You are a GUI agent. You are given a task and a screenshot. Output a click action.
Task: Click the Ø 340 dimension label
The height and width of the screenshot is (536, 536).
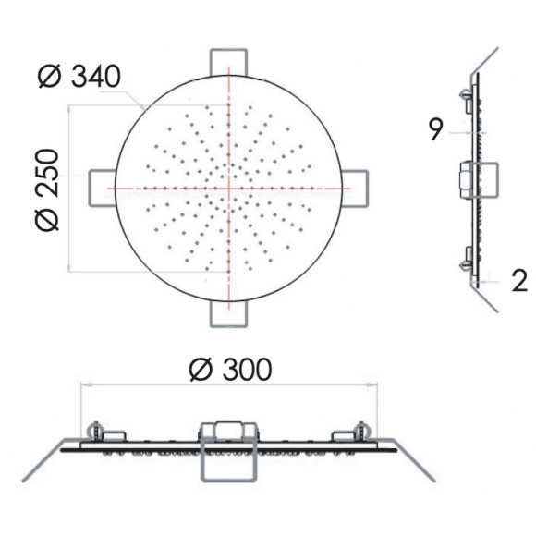point(79,76)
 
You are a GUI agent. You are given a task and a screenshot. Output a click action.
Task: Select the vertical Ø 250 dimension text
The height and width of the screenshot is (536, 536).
point(47,190)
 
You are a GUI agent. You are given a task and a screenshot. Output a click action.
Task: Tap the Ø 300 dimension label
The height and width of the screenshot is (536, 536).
point(231,370)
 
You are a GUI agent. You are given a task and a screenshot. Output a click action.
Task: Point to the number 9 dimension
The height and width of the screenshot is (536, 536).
point(435,129)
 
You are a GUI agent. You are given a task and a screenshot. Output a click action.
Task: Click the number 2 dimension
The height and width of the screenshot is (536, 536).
point(519,280)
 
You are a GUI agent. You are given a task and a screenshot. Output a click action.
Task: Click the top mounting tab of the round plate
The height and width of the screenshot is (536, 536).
point(228,62)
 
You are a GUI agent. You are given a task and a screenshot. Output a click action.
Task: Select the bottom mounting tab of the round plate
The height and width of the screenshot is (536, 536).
point(228,313)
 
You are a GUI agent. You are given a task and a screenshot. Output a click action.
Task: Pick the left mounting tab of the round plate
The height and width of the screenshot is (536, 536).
point(103,189)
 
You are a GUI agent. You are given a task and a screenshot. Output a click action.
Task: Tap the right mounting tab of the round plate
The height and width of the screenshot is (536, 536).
point(355,189)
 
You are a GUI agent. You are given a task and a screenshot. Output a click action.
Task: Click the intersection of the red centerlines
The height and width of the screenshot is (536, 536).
point(228,189)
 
